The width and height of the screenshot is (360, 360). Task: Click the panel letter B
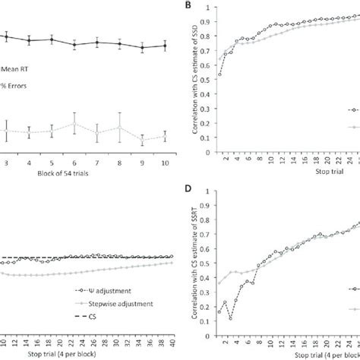pos(190,6)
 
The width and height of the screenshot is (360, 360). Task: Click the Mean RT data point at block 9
pos(142,48)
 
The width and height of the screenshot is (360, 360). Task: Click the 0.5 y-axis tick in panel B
pos(207,84)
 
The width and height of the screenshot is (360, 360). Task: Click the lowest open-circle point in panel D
pos(230,318)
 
